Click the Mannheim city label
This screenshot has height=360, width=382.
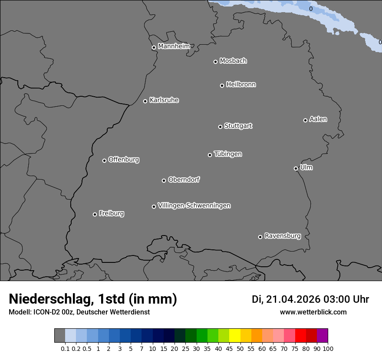click(x=174, y=46)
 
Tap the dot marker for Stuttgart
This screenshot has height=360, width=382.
click(x=220, y=127)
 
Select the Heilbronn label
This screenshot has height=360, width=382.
click(x=241, y=85)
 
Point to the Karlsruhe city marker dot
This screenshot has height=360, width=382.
click(x=145, y=101)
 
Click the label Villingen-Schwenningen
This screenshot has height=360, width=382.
click(x=194, y=206)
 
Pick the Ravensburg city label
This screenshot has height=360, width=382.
click(x=283, y=236)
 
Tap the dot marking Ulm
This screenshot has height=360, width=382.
click(x=296, y=168)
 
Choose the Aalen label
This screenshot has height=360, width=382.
click(x=318, y=119)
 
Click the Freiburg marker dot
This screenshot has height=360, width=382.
click(x=95, y=214)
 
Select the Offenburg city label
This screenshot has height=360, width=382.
click(x=124, y=160)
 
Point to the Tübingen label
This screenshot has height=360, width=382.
click(x=228, y=154)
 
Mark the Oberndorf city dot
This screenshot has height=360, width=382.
click(x=164, y=180)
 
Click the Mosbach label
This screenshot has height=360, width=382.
click(x=233, y=61)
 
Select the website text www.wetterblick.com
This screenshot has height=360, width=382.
click(x=313, y=312)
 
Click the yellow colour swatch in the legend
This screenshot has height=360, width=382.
click(x=234, y=336)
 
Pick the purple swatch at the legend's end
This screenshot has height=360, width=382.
click(x=322, y=336)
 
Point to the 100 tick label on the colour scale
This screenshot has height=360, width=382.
click(x=328, y=349)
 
